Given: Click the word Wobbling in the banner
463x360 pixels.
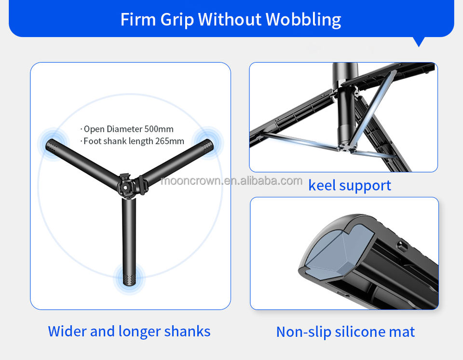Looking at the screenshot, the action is tap(303, 20).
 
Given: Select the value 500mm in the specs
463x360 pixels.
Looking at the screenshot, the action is tap(159, 129).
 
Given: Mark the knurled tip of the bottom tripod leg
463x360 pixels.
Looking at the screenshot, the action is tap(129, 279).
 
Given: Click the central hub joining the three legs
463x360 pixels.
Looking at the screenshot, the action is tap(129, 184).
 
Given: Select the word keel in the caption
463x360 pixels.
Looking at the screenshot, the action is tap(322, 185).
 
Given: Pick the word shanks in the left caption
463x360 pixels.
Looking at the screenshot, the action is tap(187, 332).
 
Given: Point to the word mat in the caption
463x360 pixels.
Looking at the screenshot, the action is tap(404, 332).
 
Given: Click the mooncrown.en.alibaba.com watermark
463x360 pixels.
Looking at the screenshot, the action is tap(231, 181).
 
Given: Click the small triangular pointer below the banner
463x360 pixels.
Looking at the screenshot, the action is tap(419, 42).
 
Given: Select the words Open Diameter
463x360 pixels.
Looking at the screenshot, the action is tap(113, 129).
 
